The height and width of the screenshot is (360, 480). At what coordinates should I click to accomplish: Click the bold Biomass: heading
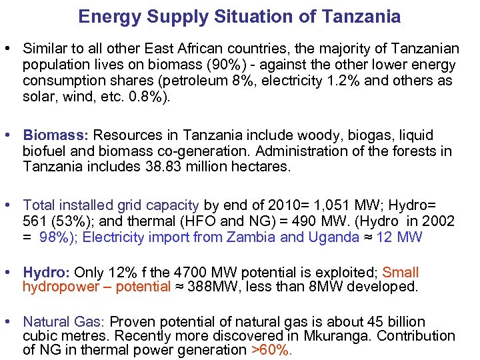pos(50,135)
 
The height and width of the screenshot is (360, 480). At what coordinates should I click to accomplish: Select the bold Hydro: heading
pos(47,272)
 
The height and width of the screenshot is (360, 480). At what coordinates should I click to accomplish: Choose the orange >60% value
pos(271,351)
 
